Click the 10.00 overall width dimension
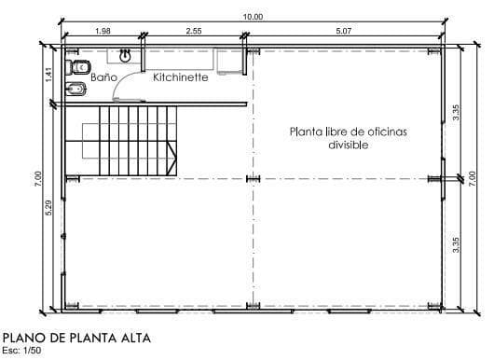[253, 17]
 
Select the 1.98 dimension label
[103, 31]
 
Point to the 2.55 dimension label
[194, 31]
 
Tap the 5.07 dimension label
[343, 31]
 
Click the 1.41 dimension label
[48, 75]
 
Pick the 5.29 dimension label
[48, 207]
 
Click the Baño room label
[103, 76]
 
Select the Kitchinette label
[181, 77]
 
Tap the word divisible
[349, 145]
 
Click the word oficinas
[384, 132]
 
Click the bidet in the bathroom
[75, 90]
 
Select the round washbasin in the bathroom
[126, 56]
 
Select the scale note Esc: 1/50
[21, 351]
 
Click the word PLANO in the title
[24, 338]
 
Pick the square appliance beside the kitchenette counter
[230, 62]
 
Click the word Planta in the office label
[306, 132]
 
